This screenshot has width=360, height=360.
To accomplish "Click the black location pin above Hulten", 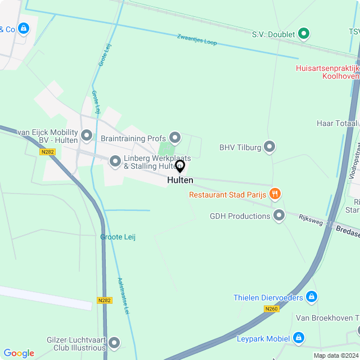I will pyautogui.click(x=180, y=166).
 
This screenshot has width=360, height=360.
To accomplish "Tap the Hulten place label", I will pyautogui.click(x=180, y=181).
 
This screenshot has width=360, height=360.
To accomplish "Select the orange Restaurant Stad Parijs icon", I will pyautogui.click(x=275, y=195).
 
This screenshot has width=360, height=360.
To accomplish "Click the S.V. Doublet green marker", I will pyautogui.click(x=304, y=34).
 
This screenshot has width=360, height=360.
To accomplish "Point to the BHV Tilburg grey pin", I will pyautogui.click(x=269, y=147).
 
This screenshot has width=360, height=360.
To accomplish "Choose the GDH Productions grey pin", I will pyautogui.click(x=279, y=215).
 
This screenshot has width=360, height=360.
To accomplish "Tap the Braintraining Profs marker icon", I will pyautogui.click(x=175, y=138).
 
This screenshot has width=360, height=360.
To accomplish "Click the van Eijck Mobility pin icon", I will pyautogui.click(x=87, y=135).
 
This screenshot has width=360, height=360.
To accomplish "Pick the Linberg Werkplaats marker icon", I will pyautogui.click(x=115, y=162).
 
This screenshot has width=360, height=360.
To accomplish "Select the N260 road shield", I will pyautogui.click(x=271, y=309).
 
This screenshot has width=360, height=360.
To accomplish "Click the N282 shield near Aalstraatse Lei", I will pyautogui.click(x=105, y=300).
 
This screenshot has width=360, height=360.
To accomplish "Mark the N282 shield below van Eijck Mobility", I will pyautogui.click(x=47, y=152).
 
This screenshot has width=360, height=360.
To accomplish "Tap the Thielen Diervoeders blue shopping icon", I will pyautogui.click(x=312, y=297).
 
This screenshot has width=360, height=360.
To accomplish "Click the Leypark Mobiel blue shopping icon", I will pyautogui.click(x=299, y=338).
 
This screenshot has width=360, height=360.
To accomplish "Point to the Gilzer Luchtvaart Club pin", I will pyautogui.click(x=114, y=343).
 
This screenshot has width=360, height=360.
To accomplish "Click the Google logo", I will pyautogui.click(x=19, y=353).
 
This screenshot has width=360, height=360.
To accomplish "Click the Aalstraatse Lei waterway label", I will pyautogui.click(x=124, y=296).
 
